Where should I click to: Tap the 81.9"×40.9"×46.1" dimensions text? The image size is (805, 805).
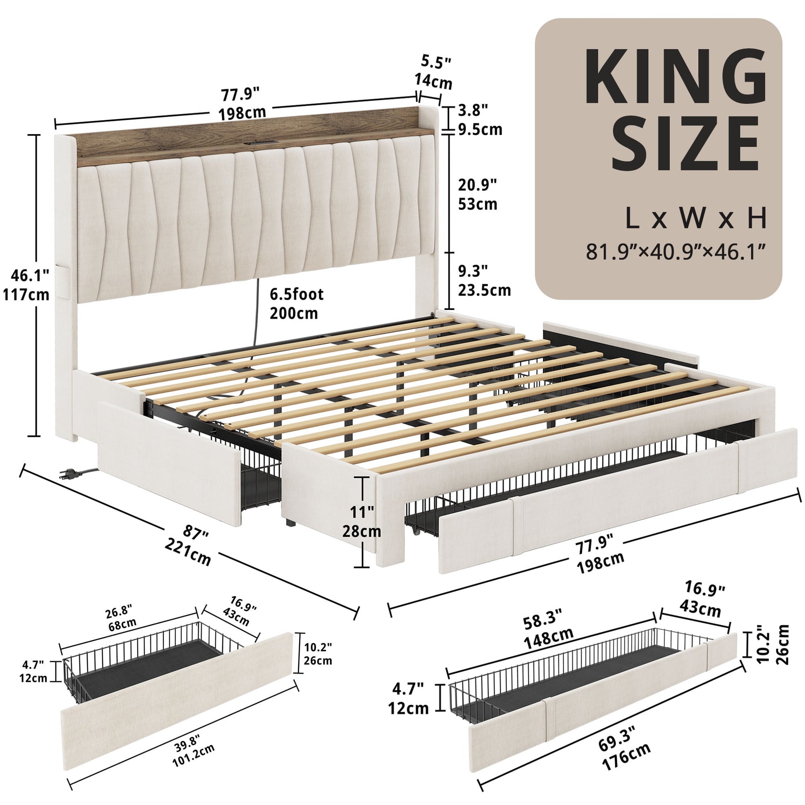(x=676, y=252)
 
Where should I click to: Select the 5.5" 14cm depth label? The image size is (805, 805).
(x=434, y=73)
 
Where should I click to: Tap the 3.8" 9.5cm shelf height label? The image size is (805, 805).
(x=479, y=120)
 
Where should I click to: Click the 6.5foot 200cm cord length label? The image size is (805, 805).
(x=296, y=303)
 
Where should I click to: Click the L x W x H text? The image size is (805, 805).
(x=696, y=218)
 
